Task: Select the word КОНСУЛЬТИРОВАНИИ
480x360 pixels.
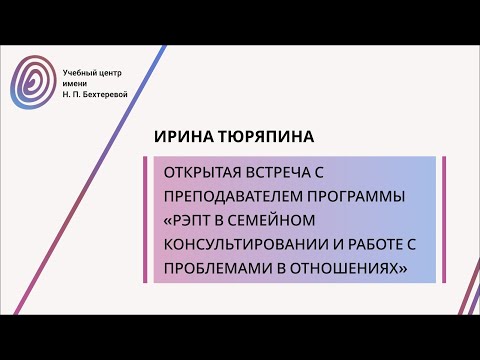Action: [244, 244]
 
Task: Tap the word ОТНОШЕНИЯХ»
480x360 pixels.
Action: [349, 268]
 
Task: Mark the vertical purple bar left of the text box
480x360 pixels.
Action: [147, 220]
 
